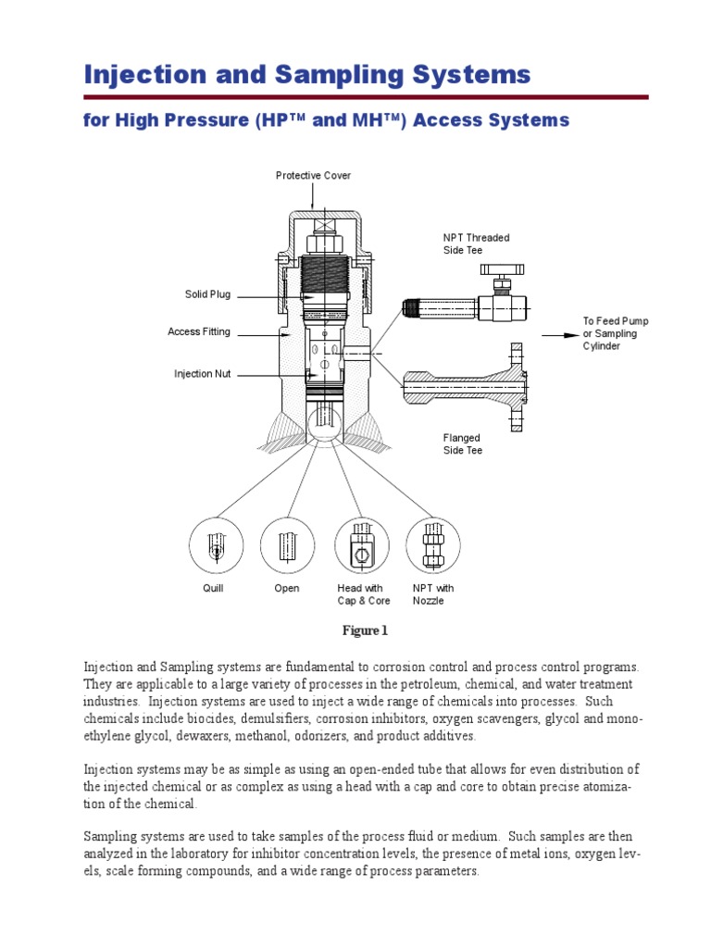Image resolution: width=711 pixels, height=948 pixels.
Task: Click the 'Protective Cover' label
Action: tap(313, 176)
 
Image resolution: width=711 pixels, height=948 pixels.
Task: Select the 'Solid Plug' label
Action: tap(207, 294)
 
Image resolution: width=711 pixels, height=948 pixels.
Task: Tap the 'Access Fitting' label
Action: tap(199, 331)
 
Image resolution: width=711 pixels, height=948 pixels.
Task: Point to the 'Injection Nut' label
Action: tap(203, 374)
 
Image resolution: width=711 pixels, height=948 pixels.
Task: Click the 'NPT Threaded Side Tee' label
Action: tap(476, 244)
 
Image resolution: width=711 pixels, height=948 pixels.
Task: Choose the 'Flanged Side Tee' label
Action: tap(462, 444)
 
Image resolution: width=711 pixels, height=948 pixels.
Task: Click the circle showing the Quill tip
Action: tap(215, 544)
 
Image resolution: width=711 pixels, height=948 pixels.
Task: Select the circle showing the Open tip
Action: tap(287, 544)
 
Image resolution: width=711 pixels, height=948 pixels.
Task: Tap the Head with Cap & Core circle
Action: tap(362, 544)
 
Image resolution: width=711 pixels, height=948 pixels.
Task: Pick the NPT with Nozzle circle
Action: tap(432, 544)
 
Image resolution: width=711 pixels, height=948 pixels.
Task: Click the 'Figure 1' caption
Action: tap(364, 631)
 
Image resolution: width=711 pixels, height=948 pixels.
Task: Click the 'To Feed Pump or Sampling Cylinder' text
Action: tap(616, 333)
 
